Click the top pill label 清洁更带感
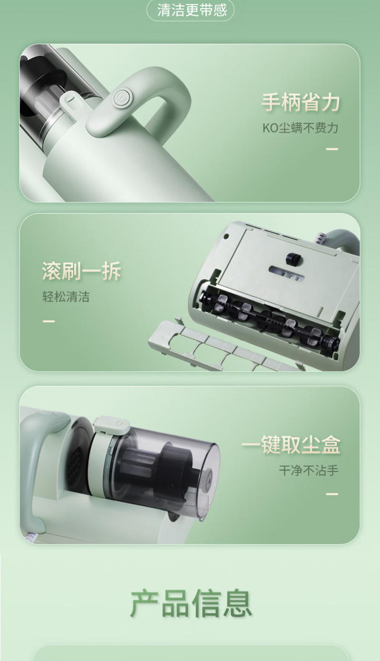[190, 10]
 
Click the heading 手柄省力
[301, 102]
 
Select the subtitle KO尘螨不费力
[300, 128]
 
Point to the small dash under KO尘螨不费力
[332, 149]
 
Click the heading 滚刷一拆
[81, 270]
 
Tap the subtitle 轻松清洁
[66, 297]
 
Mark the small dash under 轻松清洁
[48, 321]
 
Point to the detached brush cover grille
[224, 347]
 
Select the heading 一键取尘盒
[291, 444]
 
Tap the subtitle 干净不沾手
[309, 470]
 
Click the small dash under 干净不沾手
[332, 494]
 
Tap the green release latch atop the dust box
[112, 425]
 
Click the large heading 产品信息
[190, 603]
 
